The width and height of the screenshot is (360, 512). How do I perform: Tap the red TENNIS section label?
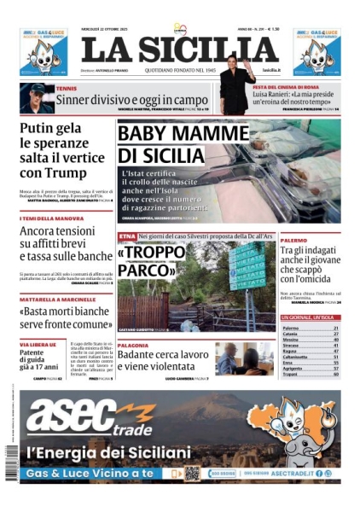(x=66, y=87)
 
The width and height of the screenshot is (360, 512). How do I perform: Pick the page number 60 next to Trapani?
(x=336, y=375)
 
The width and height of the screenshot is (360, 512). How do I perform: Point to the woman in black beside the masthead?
(x=237, y=85)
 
